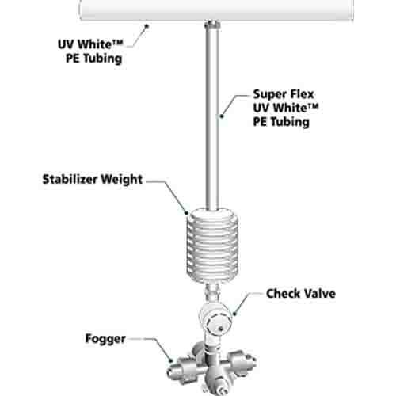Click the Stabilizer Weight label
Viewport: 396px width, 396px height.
(x=93, y=180)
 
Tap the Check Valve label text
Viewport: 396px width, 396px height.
(x=301, y=294)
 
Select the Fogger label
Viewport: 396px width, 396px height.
(x=105, y=339)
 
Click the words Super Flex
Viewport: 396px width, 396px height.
(x=284, y=94)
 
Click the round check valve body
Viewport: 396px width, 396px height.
(x=216, y=317)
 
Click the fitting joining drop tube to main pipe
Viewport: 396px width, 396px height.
(x=212, y=25)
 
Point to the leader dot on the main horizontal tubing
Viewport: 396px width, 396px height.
(x=147, y=25)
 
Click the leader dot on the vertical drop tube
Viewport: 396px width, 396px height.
(x=222, y=116)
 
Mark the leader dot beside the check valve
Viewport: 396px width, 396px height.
(x=234, y=314)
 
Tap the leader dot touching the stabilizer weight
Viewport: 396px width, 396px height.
(x=187, y=212)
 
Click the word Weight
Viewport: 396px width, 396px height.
(x=122, y=180)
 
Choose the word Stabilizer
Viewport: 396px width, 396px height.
(x=70, y=179)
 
